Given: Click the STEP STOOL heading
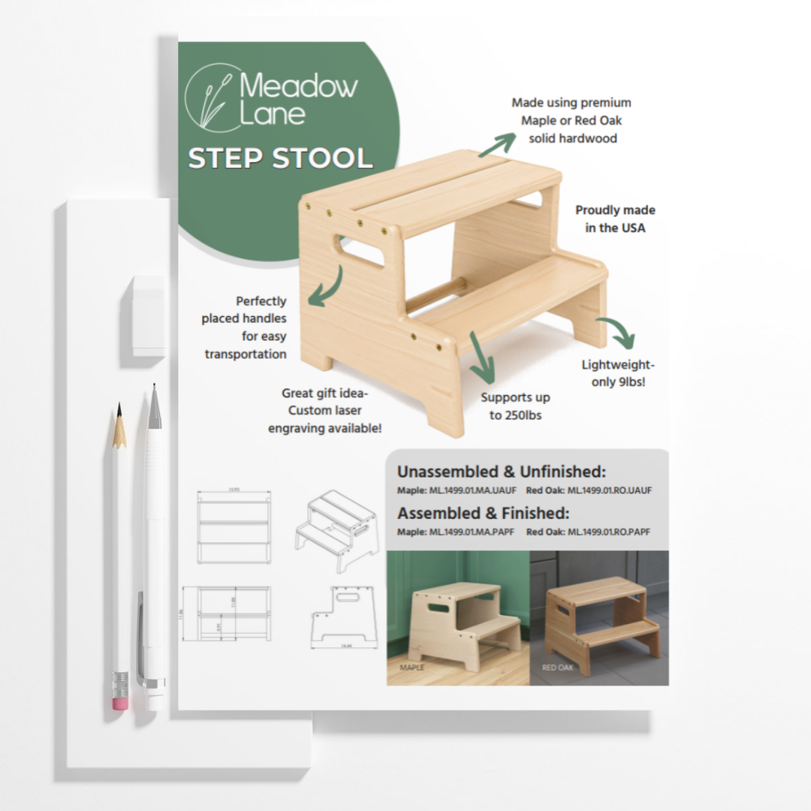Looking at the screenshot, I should (280, 158).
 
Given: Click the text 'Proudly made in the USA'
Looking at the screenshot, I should (615, 219).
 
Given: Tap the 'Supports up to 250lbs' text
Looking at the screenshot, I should (515, 405).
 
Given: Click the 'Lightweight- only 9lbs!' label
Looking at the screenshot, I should (618, 373).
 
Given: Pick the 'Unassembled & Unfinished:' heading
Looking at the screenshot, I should (501, 472).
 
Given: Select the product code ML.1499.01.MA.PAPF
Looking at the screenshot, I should (457, 532).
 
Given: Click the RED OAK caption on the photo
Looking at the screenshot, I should (558, 667).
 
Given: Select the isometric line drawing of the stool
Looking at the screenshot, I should (336, 529).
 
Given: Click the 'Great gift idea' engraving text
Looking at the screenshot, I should (326, 410).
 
